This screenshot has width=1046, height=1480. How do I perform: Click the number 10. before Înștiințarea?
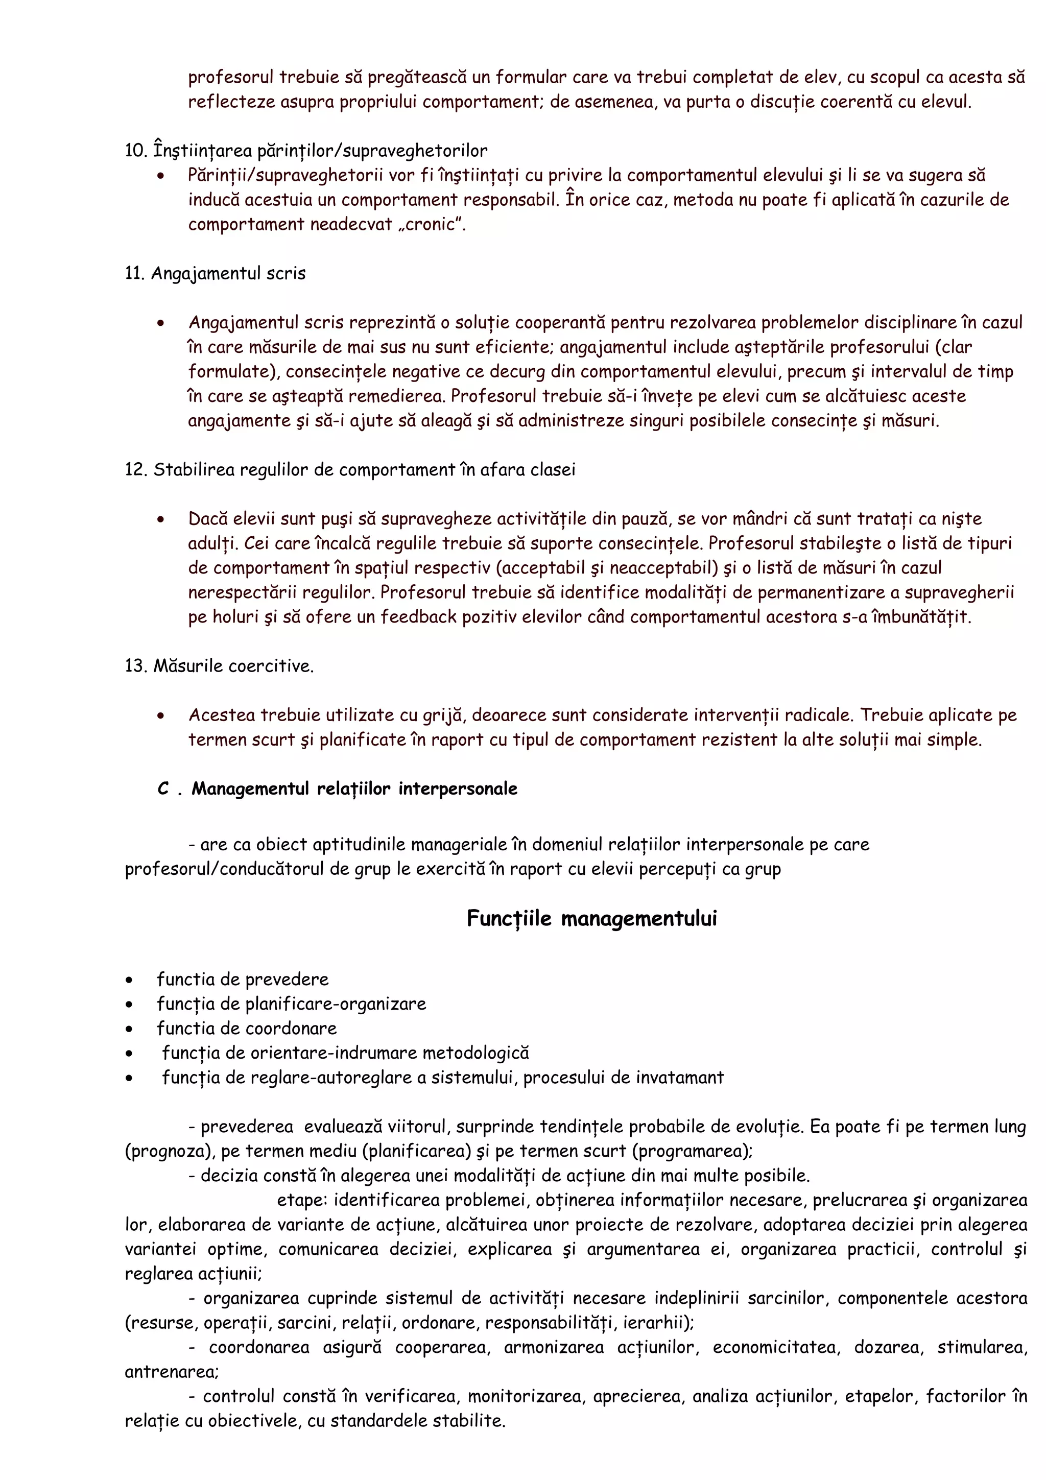pyautogui.click(x=136, y=151)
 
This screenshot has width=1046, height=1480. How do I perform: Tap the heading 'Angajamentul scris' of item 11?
pyautogui.click(x=228, y=273)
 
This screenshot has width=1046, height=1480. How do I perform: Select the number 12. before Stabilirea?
pyautogui.click(x=136, y=470)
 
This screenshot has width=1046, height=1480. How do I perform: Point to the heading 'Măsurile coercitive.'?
pyautogui.click(x=233, y=666)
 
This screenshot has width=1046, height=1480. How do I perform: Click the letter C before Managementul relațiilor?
pyautogui.click(x=163, y=789)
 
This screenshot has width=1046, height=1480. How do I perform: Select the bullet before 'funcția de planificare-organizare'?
pyautogui.click(x=130, y=1004)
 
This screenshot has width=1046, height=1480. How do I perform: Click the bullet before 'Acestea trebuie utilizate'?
pyautogui.click(x=160, y=716)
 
